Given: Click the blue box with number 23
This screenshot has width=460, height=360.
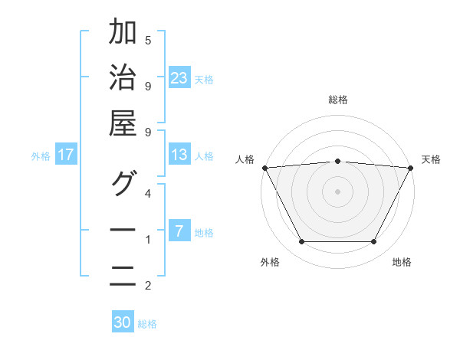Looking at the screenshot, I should pyautogui.click(x=179, y=77).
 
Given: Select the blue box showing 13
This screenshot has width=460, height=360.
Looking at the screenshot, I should pyautogui.click(x=179, y=155).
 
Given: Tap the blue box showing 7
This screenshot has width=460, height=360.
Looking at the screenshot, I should pyautogui.click(x=179, y=231).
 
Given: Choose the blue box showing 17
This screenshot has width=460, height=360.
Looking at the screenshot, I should pyautogui.click(x=66, y=155).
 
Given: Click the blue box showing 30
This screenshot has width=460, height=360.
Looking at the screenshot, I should pyautogui.click(x=123, y=322).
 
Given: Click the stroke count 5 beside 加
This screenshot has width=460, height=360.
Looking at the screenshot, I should pyautogui.click(x=148, y=40).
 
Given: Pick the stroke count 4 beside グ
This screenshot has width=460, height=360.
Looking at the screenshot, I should pyautogui.click(x=148, y=193).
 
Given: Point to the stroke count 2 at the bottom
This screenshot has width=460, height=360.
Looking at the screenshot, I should pyautogui.click(x=148, y=286).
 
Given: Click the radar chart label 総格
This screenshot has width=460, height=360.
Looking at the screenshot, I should pyautogui.click(x=338, y=100).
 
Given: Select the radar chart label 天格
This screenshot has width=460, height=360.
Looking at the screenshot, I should pyautogui.click(x=431, y=159).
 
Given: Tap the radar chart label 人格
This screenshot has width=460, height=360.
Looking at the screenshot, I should pyautogui.click(x=245, y=159).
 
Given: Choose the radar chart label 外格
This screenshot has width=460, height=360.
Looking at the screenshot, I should pyautogui.click(x=270, y=262).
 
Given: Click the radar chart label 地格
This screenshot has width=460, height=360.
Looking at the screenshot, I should pyautogui.click(x=402, y=262).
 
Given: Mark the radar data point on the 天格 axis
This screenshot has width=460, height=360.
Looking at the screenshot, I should pyautogui.click(x=412, y=167).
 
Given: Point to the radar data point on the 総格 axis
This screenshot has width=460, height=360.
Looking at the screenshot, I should pyautogui.click(x=338, y=161).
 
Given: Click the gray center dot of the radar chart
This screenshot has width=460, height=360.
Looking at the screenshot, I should pyautogui.click(x=338, y=191).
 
